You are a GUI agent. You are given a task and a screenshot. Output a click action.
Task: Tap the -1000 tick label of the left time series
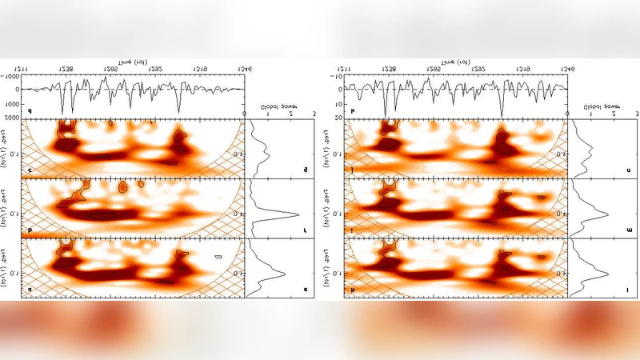tap(12, 77)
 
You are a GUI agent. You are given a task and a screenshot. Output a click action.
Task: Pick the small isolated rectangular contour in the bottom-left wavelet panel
tap(218, 257)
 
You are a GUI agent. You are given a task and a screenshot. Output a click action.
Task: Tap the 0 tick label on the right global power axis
tap(567, 115)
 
